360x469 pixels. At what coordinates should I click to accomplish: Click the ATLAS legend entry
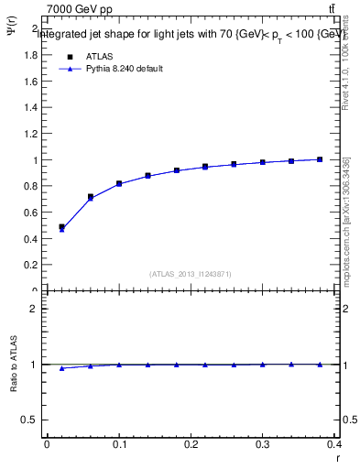pos(98,55)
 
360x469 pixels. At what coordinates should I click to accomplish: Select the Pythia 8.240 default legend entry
pos(124,69)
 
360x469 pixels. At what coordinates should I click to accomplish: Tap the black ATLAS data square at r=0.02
pos(61,226)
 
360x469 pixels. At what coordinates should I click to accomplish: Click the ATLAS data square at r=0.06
pos(91,196)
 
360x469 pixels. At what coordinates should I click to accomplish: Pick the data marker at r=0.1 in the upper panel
pos(119,183)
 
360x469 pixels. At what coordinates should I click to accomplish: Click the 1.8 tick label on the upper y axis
pos(30,54)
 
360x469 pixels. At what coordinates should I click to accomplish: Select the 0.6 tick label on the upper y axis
pos(30,213)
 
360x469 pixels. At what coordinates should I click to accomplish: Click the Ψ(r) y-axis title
pos(12,37)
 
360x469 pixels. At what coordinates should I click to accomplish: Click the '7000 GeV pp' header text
pos(80,9)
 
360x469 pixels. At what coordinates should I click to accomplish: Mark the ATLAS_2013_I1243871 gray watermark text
pos(191,274)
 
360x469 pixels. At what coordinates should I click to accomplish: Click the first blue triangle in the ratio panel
pos(61,368)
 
